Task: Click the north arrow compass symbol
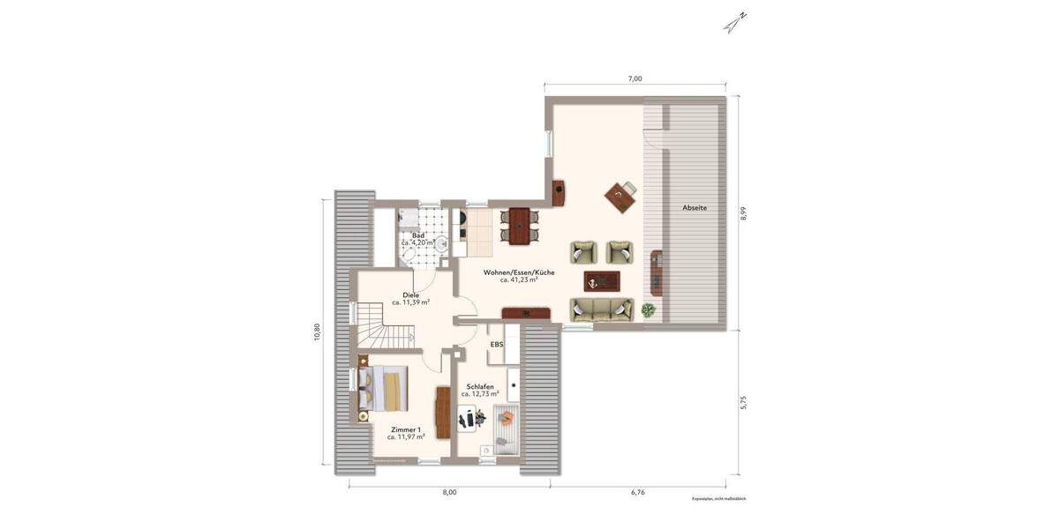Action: click(x=735, y=22)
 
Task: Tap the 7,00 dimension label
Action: click(x=635, y=78)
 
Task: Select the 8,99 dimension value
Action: click(x=744, y=213)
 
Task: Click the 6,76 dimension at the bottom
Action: click(x=638, y=493)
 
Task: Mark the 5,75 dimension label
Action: click(x=744, y=401)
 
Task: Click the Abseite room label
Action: click(x=695, y=208)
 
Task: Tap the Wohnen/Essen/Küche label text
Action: click(x=519, y=272)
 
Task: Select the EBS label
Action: click(x=496, y=345)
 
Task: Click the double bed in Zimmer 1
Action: click(x=385, y=389)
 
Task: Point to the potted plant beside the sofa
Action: click(x=649, y=309)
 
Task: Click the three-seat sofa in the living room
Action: click(x=602, y=309)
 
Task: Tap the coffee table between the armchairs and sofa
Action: click(x=603, y=281)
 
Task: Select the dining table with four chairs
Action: click(x=519, y=225)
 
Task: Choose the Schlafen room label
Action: click(x=480, y=386)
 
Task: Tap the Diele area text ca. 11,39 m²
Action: click(x=411, y=302)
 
